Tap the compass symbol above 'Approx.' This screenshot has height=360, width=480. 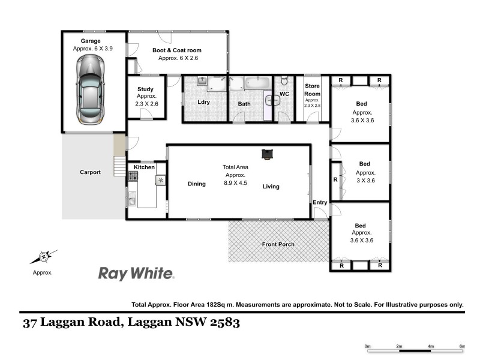pos(43,257)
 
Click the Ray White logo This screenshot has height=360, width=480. pos(136,274)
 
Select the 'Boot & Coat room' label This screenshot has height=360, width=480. pos(176,50)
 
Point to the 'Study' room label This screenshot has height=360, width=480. pos(145,89)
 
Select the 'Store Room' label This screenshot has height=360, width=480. pos(313,90)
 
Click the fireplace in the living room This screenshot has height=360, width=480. pos(266,154)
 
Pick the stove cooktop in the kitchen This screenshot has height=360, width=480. pos(132,176)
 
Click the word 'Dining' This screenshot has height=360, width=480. pos(196,184)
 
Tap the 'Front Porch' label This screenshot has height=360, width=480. pos(277,244)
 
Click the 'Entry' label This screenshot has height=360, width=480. pos(320,203)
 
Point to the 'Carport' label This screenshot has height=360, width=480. pos(90,172)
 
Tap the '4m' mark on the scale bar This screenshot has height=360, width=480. pos(430,346)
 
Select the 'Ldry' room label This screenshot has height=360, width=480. pos(204,102)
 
